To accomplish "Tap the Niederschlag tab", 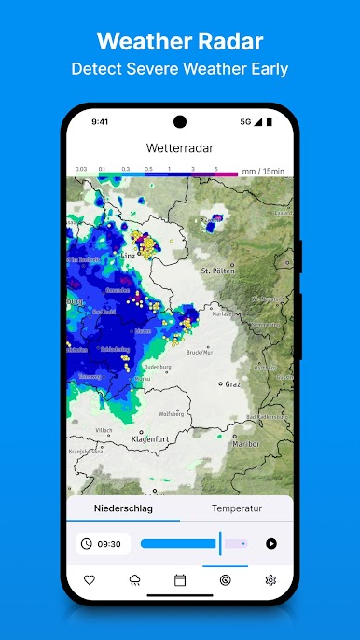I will pyautogui.click(x=123, y=508).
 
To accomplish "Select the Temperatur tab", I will pyautogui.click(x=237, y=508).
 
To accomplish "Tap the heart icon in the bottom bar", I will pyautogui.click(x=90, y=579).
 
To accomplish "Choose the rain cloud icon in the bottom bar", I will pyautogui.click(x=135, y=579).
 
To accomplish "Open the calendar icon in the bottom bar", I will pyautogui.click(x=180, y=579).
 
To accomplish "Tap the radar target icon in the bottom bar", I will pyautogui.click(x=225, y=579).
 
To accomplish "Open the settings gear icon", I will pyautogui.click(x=270, y=579).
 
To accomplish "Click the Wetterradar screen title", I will pyautogui.click(x=180, y=148).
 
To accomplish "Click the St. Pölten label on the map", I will pyautogui.click(x=220, y=270).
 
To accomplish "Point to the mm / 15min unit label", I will pyautogui.click(x=263, y=172).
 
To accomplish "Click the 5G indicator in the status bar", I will pyautogui.click(x=245, y=121).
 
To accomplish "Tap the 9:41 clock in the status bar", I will pyautogui.click(x=101, y=121).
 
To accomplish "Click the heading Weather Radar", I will pyautogui.click(x=180, y=41).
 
